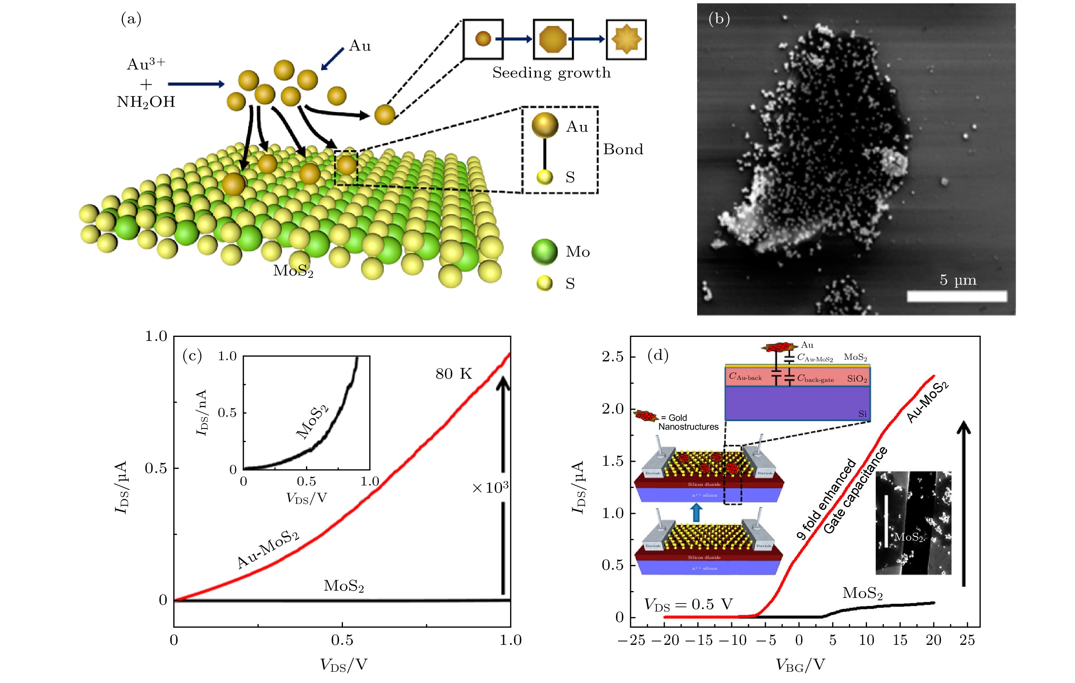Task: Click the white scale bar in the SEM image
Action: point(957,296)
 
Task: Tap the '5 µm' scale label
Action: point(958,280)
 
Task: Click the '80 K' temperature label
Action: point(453,374)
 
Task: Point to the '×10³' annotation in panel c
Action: point(490,487)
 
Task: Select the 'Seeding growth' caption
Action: point(551,73)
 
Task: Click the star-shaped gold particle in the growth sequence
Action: point(626,39)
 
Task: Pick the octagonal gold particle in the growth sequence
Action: point(553,39)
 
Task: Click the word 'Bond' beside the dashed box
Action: point(623,149)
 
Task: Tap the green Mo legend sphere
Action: point(544,252)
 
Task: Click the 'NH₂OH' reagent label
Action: point(146,102)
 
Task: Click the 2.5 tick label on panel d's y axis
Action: point(612,357)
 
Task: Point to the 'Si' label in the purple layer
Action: point(863,414)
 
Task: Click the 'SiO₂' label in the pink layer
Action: point(857,379)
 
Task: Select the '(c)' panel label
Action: point(192,356)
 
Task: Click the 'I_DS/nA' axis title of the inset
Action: point(202,412)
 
